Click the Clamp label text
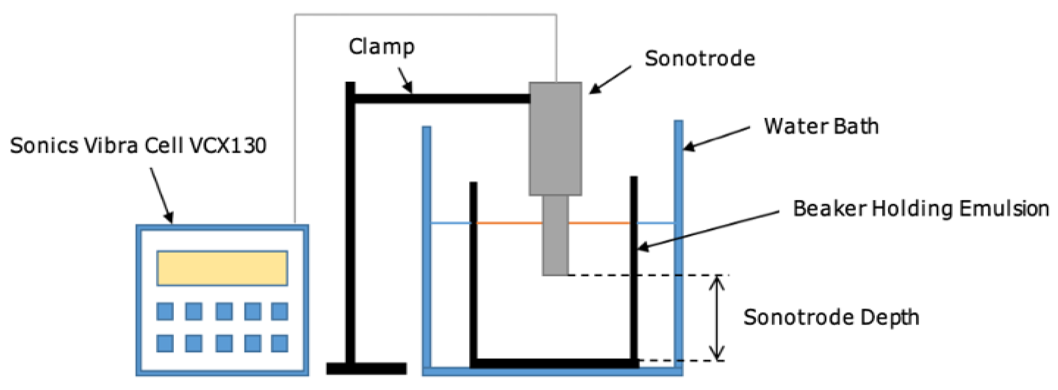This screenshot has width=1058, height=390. tap(382, 47)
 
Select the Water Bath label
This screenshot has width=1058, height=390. tap(821, 126)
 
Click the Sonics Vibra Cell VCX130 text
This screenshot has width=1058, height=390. tap(138, 146)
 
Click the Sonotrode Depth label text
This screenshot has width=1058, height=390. tap(831, 317)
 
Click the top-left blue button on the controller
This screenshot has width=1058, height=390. tap(165, 311)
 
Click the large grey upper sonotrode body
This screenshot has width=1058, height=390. tap(555, 139)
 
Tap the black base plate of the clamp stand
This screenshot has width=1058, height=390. tap(366, 368)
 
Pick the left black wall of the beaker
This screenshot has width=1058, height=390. tap(473, 271)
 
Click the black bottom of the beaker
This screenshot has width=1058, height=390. tap(555, 363)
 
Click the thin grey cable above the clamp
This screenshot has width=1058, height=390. tap(425, 15)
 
